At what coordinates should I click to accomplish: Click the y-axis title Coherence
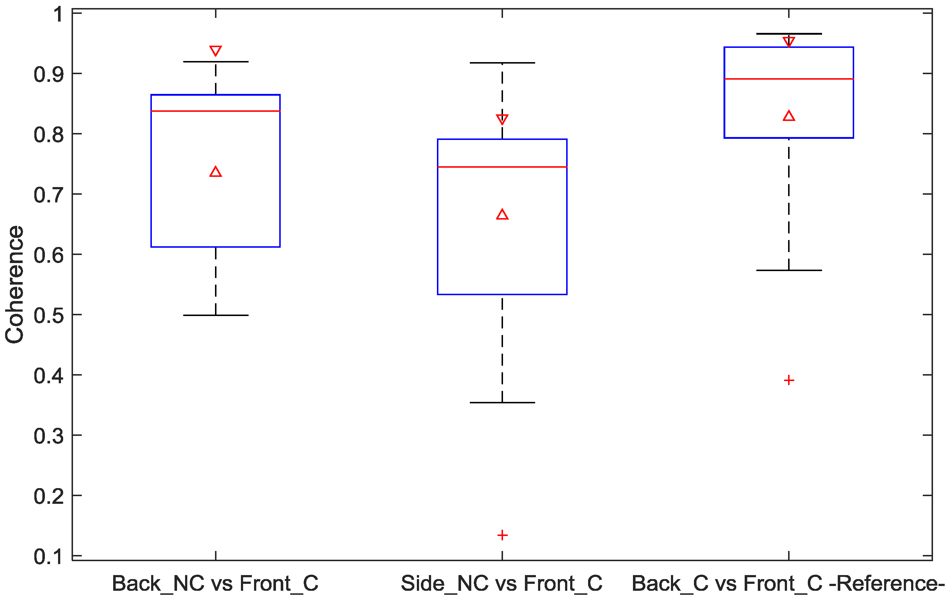pyautogui.click(x=15, y=285)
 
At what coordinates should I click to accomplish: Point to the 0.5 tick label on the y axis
pyautogui.click(x=48, y=316)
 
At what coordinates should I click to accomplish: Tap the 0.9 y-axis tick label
pyautogui.click(x=48, y=75)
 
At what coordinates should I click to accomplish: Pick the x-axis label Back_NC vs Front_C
pyautogui.click(x=215, y=583)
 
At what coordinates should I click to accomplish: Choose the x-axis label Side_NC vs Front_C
pyautogui.click(x=502, y=583)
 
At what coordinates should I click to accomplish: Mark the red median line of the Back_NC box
pyautogui.click(x=215, y=111)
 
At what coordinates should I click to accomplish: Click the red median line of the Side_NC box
pyautogui.click(x=502, y=167)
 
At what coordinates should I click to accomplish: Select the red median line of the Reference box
pyautogui.click(x=789, y=79)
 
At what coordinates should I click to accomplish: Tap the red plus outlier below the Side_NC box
pyautogui.click(x=502, y=535)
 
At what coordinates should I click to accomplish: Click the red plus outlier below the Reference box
pyautogui.click(x=789, y=380)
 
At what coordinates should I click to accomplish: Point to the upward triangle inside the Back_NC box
pyautogui.click(x=215, y=172)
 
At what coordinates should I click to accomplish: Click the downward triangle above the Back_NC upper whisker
pyautogui.click(x=215, y=51)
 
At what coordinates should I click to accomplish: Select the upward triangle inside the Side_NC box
pyautogui.click(x=502, y=215)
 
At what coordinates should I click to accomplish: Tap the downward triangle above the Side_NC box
pyautogui.click(x=502, y=119)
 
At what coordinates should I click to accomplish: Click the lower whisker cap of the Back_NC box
pyautogui.click(x=215, y=315)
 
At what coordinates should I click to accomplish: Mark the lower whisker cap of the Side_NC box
pyautogui.click(x=502, y=403)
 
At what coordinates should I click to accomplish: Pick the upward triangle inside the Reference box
pyautogui.click(x=789, y=116)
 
